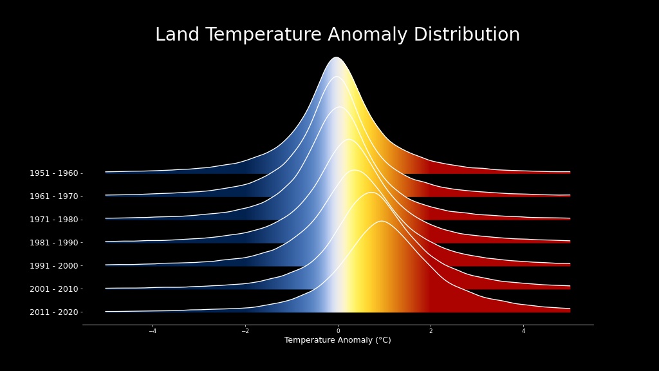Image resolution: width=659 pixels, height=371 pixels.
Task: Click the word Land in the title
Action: (177, 35)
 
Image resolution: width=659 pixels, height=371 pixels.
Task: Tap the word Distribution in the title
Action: (467, 35)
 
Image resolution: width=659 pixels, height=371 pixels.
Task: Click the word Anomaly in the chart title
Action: (367, 35)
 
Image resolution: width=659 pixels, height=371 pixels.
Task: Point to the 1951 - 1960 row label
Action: (54, 173)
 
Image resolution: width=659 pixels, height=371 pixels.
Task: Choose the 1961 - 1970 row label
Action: (54, 196)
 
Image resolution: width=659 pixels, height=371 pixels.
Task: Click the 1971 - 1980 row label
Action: (54, 220)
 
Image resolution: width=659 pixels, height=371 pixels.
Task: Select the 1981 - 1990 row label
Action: (54, 243)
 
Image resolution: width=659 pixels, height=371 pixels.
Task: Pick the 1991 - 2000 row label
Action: (54, 266)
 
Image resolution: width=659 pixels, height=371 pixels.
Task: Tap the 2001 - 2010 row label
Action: (54, 289)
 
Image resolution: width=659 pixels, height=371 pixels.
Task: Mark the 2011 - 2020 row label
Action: (54, 312)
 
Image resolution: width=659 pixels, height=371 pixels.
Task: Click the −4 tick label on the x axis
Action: (153, 331)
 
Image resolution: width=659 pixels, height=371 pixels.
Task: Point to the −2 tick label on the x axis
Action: (245, 331)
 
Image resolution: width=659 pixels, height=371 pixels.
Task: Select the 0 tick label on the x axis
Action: (338, 331)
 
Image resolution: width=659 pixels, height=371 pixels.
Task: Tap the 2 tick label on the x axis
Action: (431, 331)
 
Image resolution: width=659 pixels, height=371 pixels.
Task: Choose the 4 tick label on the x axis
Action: (523, 331)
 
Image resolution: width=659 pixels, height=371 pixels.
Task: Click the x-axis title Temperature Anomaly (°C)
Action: (337, 340)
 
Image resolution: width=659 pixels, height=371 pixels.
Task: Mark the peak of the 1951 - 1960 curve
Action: (336, 57)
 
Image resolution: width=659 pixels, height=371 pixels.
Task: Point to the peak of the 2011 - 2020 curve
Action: (382, 221)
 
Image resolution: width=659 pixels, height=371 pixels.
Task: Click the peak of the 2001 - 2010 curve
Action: (371, 192)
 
